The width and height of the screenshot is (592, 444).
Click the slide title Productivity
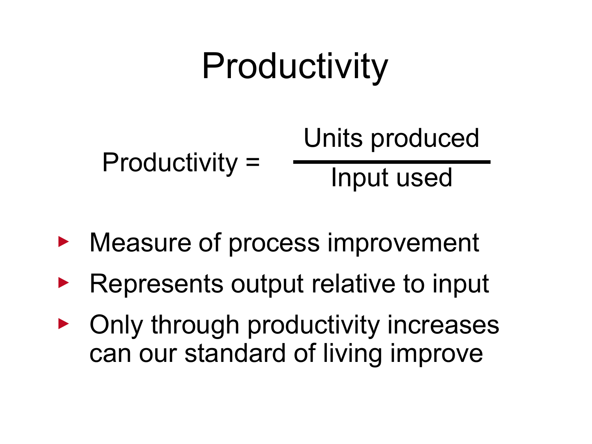tap(295, 66)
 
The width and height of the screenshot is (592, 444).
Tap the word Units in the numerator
tap(333, 138)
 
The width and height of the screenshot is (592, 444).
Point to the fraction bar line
tap(392, 162)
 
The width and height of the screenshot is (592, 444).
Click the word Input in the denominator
tap(359, 178)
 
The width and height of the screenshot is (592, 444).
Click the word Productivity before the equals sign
tap(170, 163)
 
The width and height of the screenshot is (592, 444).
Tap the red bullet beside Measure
tap(63, 242)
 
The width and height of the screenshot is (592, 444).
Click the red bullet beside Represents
tap(63, 283)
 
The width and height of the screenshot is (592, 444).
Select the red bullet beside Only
tap(63, 324)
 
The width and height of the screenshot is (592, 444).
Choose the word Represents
tap(156, 284)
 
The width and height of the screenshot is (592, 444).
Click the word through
tap(195, 325)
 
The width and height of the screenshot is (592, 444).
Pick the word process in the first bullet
tap(274, 243)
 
